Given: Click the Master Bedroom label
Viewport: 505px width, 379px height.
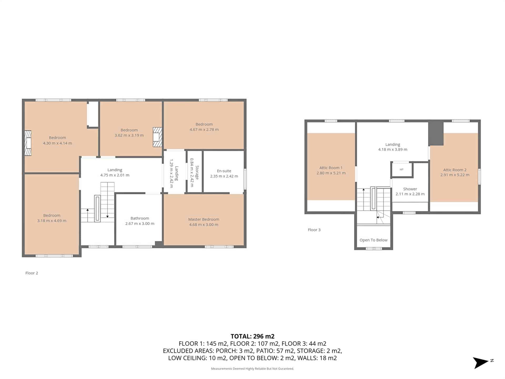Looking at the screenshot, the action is coord(204,219).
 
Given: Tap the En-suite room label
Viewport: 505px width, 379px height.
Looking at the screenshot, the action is coord(224,171).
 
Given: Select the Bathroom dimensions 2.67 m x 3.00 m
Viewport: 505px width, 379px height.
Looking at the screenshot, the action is coord(140,223).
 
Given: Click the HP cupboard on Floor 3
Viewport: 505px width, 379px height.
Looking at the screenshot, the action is coord(401,169).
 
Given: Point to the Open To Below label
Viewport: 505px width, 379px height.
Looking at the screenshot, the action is coord(373,240).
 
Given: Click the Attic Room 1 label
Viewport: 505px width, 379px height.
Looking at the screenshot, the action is coord(331,168).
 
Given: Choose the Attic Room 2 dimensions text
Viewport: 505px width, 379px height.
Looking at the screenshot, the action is coord(455,175).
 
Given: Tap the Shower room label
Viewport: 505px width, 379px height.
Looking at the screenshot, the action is coord(410,189).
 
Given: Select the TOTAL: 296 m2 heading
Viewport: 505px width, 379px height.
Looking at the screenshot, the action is coord(252,336).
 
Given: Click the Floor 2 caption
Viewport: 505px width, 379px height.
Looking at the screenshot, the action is coord(32,273).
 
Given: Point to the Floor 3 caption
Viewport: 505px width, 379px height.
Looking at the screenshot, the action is coord(314,230).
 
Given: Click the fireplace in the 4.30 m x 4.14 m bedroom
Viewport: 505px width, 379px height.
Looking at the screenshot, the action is coord(28,143).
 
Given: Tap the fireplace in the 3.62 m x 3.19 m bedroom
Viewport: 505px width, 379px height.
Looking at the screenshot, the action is coord(157,137).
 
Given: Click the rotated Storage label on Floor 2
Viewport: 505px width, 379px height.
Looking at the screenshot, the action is coord(197,172).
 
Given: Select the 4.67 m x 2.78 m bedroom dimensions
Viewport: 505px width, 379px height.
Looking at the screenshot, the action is coord(204,129).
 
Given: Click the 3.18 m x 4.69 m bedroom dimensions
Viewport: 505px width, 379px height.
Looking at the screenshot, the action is coord(52,221).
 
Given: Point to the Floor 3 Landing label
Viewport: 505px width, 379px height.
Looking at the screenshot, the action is coord(393,144).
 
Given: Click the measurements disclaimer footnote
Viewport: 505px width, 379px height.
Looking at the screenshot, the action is coord(252,368).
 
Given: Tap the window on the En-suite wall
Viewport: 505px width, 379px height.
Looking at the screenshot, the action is coord(245,179).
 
